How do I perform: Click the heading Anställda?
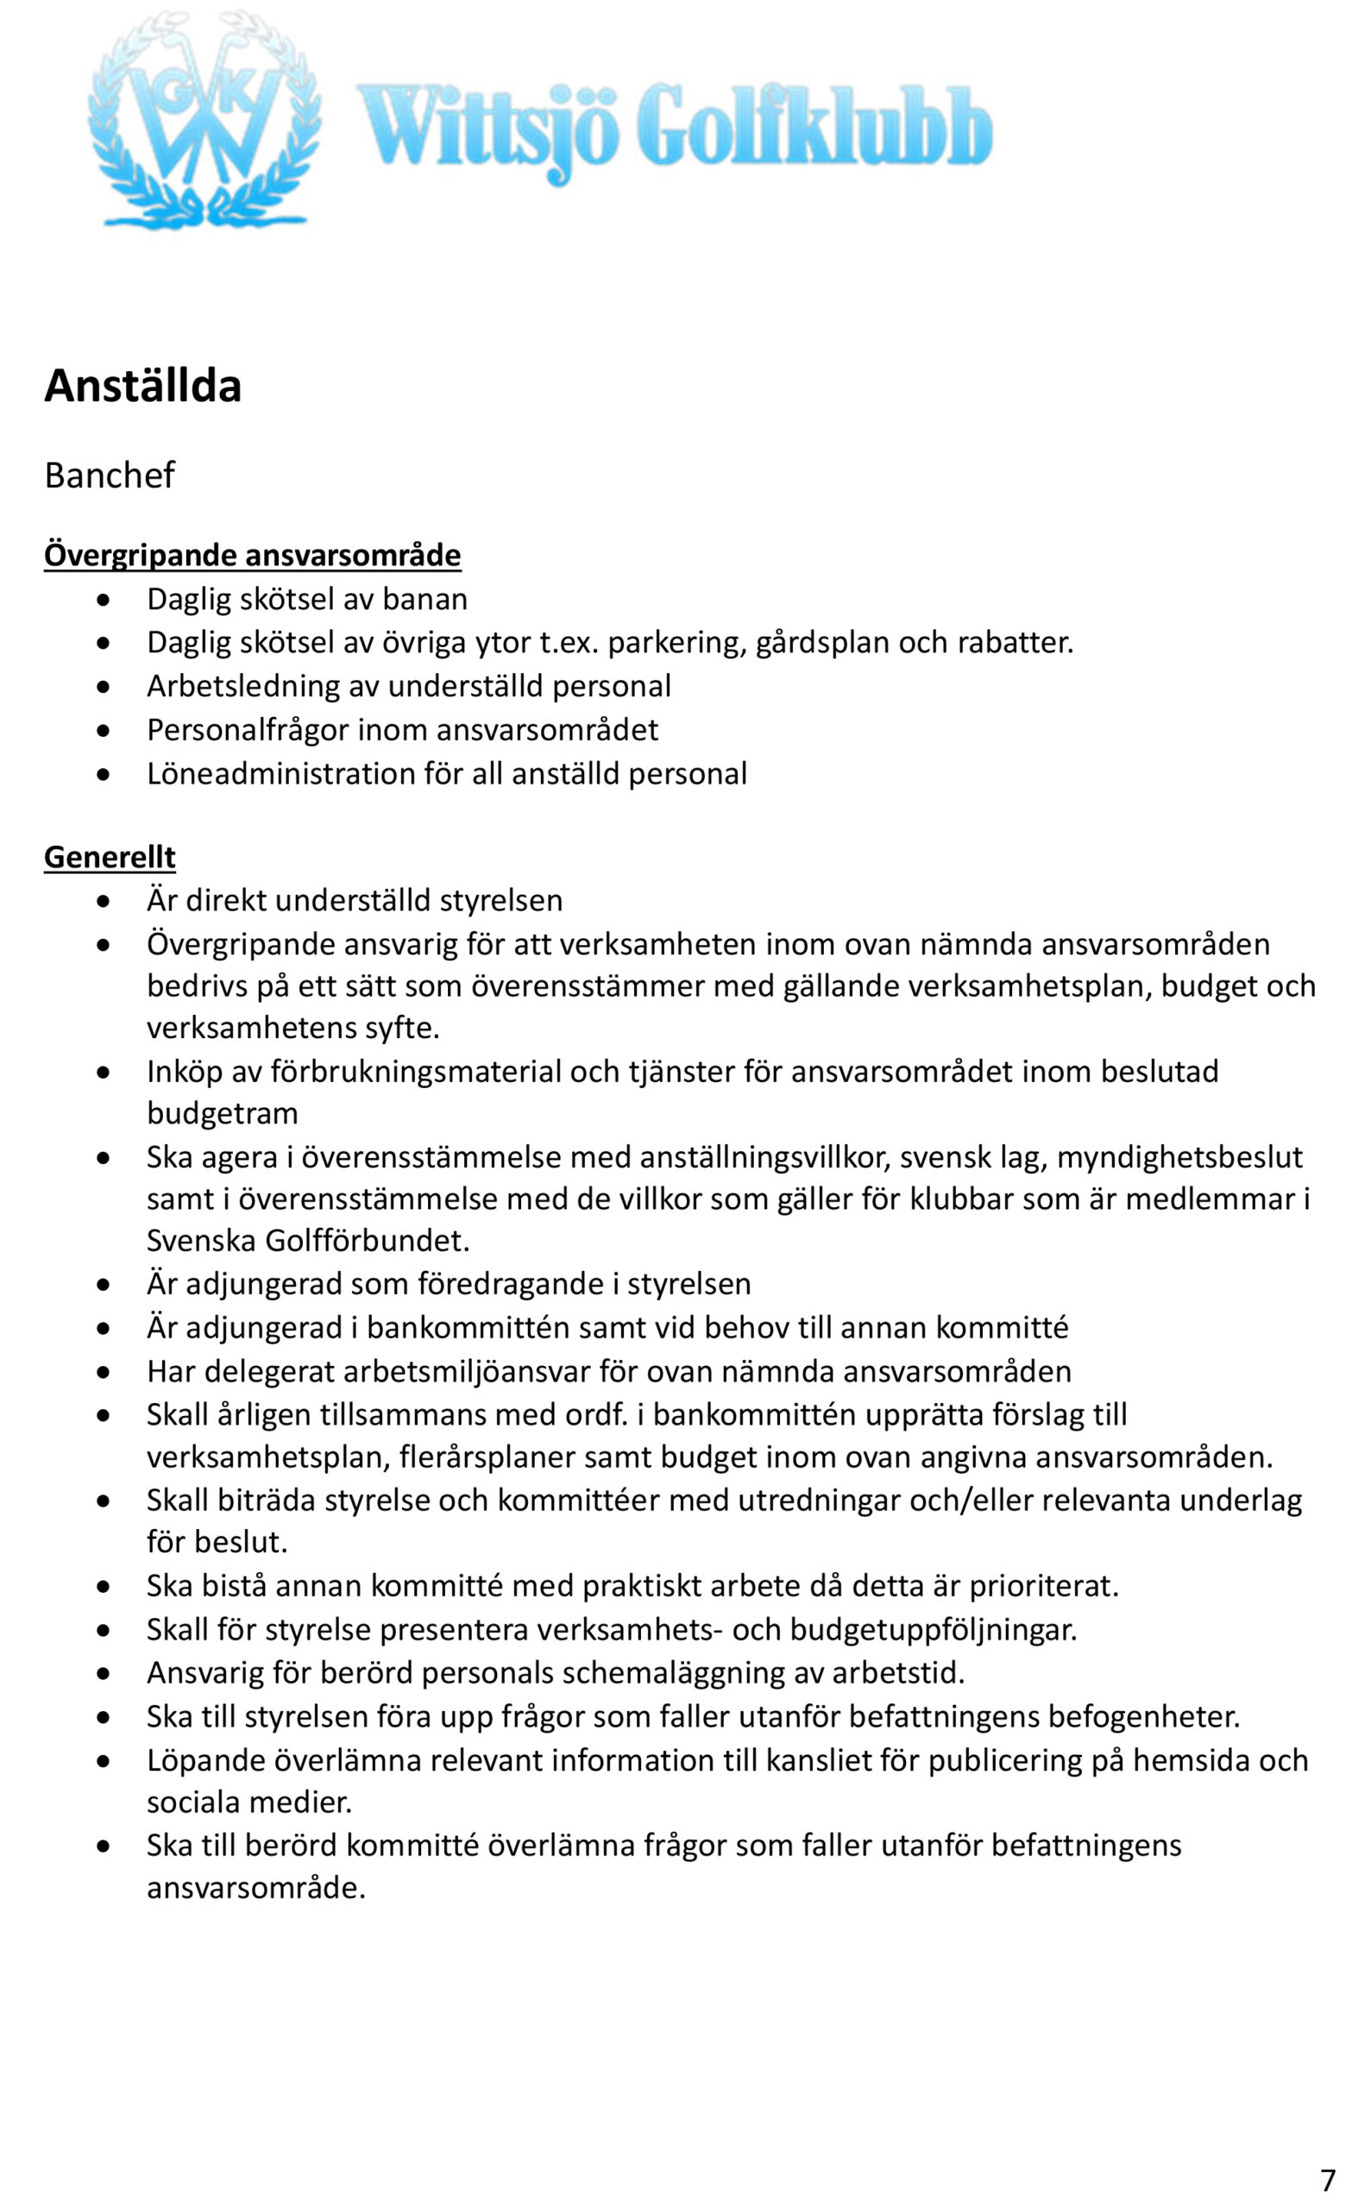(142, 386)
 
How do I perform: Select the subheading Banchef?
(109, 475)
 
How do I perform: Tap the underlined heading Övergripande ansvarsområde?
(252, 555)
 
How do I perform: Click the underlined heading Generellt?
(110, 857)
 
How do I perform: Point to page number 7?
(1328, 2179)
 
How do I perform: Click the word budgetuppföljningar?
(933, 1628)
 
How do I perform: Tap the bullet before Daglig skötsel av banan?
(104, 600)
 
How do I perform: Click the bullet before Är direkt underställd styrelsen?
(104, 901)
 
